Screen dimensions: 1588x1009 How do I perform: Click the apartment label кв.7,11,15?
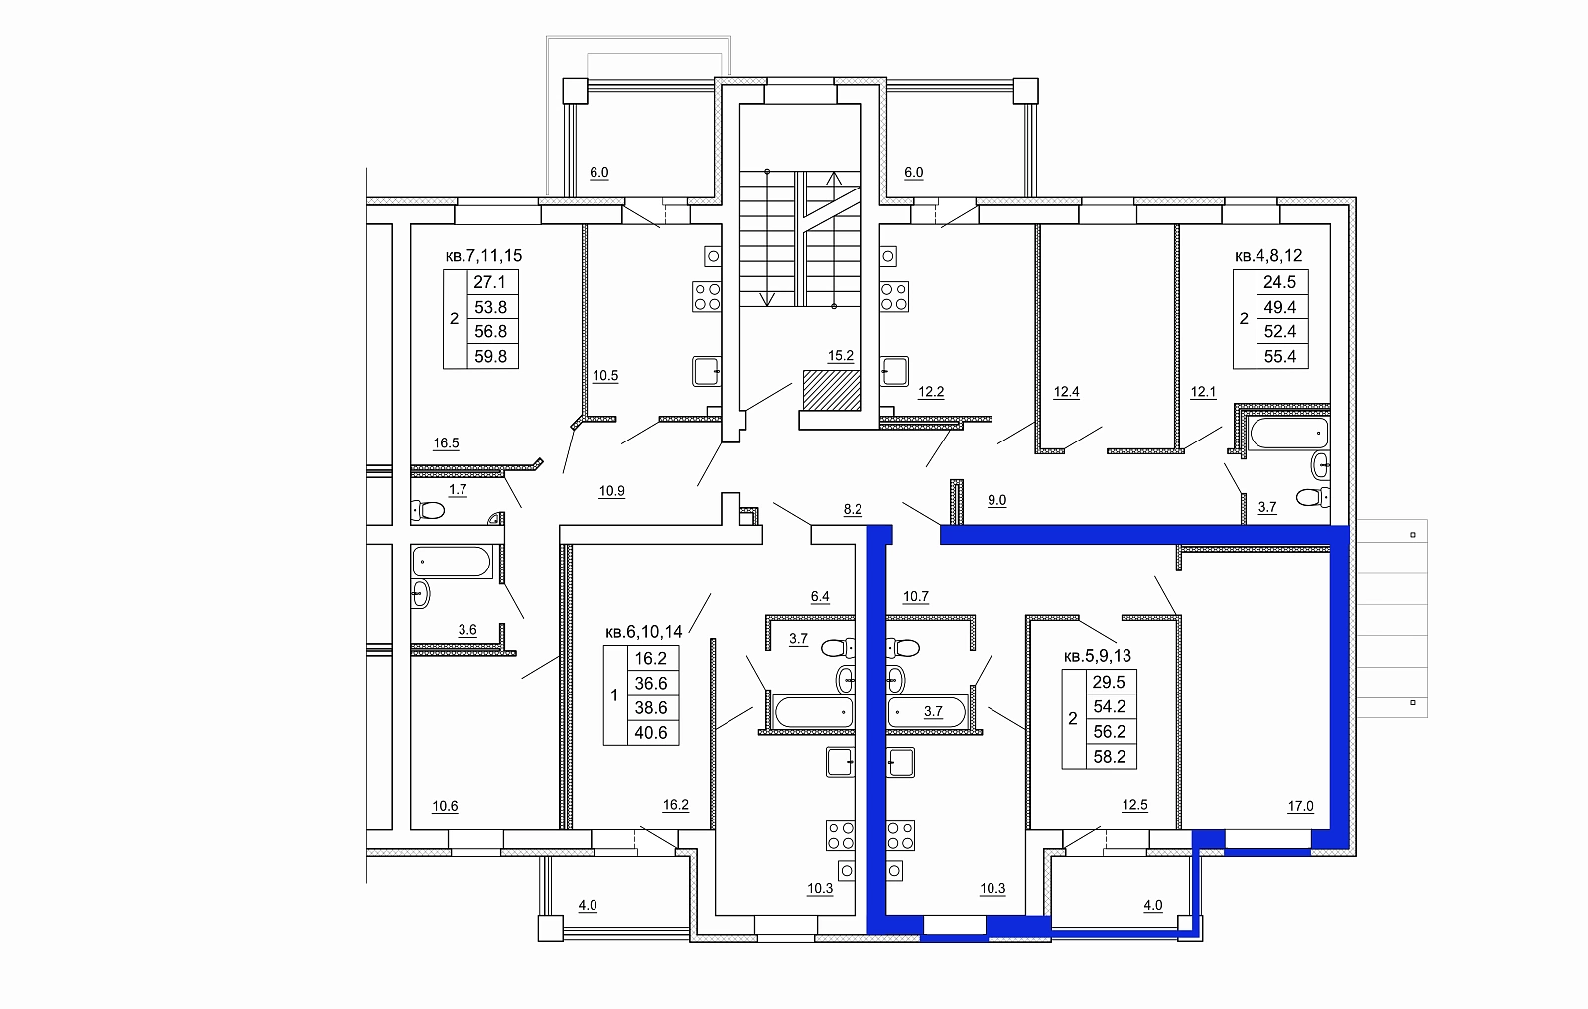483,256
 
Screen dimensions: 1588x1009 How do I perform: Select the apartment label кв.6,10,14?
644,631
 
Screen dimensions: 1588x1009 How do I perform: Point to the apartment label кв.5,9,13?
1098,656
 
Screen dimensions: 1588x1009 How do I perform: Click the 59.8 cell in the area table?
491,356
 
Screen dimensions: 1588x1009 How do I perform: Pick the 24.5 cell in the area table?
1280,282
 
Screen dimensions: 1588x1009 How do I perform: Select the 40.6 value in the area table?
651,732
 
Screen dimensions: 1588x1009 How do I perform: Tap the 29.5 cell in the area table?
1110,682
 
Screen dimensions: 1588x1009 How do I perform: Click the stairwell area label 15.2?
840,356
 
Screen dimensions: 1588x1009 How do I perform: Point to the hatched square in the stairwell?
833,390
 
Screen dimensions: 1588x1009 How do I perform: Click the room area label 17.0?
1301,806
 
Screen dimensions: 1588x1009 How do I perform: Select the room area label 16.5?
446,443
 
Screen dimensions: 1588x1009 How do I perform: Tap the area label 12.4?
1066,392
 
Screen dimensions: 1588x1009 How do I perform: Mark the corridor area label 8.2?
853,509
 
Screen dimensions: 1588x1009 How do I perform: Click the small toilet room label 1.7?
458,490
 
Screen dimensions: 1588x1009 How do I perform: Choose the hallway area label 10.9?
611,491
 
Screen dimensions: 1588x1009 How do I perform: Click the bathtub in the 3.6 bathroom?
452,562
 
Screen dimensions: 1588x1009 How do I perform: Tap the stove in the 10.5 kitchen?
706,297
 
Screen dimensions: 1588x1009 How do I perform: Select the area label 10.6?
446,806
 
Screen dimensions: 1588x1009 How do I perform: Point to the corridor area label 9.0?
996,500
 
